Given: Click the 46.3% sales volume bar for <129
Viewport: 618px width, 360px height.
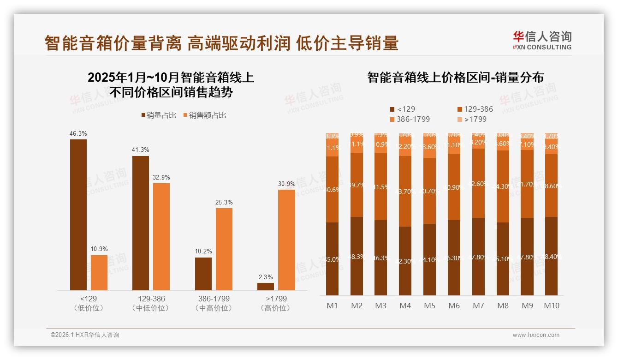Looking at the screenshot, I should click(78, 215).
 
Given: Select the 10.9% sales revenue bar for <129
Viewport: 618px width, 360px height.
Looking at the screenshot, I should click(99, 272).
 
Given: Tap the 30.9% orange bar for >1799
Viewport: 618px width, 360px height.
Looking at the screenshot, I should click(286, 240).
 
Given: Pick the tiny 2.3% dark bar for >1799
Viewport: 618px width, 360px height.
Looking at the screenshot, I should click(266, 287).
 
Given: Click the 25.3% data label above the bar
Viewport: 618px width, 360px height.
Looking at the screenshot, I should click(224, 203).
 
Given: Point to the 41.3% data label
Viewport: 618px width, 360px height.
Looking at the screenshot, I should click(141, 150).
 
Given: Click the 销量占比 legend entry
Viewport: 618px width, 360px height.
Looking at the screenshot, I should click(159, 115).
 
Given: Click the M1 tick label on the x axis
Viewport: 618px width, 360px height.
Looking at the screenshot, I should click(332, 306).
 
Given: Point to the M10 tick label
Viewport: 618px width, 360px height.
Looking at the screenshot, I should click(551, 306).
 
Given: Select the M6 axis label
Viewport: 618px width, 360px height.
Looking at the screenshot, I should click(454, 306).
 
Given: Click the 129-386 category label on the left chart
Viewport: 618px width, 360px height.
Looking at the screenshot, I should click(151, 299).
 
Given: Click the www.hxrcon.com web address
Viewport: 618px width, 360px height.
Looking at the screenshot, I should click(535, 335).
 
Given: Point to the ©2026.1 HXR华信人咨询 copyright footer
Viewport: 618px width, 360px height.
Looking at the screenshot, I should click(84, 335).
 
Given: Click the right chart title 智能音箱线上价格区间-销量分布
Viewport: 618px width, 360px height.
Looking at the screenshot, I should click(455, 78).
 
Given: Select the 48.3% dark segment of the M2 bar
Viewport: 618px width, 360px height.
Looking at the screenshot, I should click(357, 256).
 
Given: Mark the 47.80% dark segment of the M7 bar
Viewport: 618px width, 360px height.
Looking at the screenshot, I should click(478, 257).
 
